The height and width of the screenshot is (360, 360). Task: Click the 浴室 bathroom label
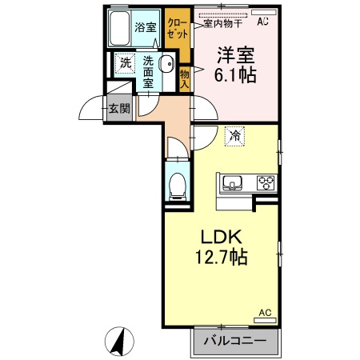(x=146, y=27)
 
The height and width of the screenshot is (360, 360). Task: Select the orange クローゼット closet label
(x=177, y=29)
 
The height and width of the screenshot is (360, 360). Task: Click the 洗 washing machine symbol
(x=125, y=62)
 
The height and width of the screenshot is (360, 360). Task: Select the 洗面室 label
(x=149, y=70)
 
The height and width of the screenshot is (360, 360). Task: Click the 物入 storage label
(x=184, y=77)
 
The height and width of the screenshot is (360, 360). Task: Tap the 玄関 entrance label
(x=119, y=108)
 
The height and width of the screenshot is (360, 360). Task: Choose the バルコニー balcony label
(x=236, y=341)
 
